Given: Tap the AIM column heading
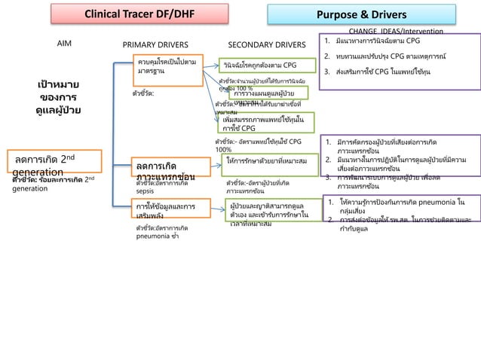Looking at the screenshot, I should [66, 44].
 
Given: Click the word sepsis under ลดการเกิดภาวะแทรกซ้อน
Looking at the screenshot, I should [145, 191].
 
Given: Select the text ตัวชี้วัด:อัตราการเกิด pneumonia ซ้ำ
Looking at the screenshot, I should [161, 230].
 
